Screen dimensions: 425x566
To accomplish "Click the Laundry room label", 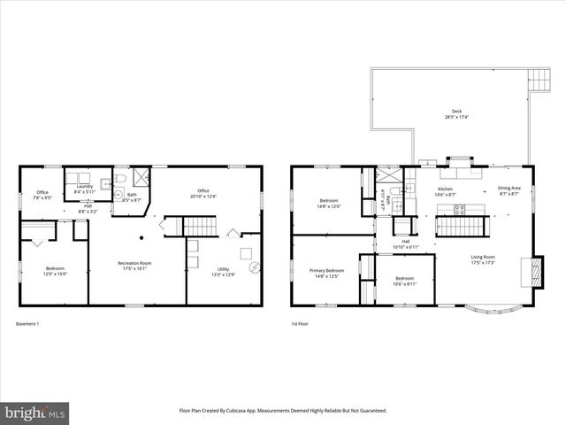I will pos(85,189).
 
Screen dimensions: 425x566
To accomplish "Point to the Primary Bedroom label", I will pos(326,273).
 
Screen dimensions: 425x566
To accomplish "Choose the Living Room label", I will pos(482,259).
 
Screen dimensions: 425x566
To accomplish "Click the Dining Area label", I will pos(509,190).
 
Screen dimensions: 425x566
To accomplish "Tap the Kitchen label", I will pos(446,191).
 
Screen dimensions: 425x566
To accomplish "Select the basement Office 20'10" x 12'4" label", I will pos(203,193).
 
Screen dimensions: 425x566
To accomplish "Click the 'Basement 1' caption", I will pos(27,324).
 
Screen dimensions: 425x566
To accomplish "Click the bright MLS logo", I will pos(35,413).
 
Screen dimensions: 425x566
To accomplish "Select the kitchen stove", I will pos(460,210).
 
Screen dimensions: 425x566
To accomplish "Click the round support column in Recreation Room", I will pos(141,237).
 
